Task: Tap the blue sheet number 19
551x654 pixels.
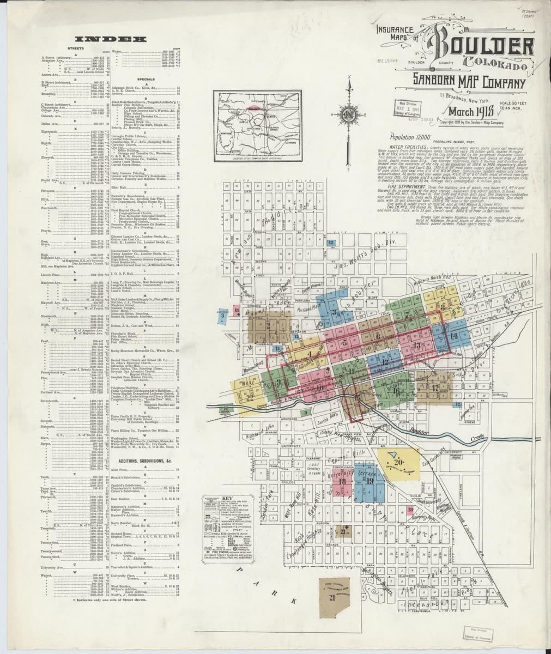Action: (370, 481)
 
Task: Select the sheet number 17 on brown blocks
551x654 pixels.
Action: (434, 387)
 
